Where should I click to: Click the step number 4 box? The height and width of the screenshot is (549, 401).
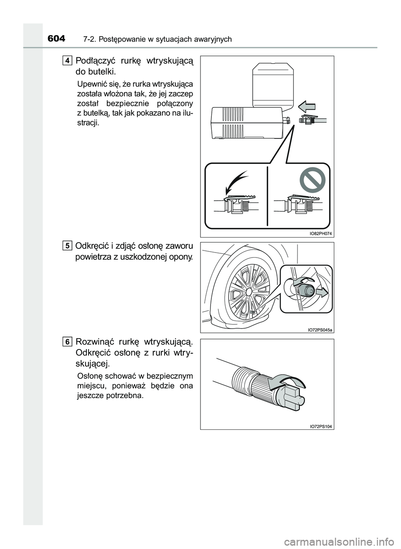(68, 60)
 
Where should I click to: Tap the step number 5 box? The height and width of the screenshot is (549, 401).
(68, 245)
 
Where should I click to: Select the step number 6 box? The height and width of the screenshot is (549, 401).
(68, 342)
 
